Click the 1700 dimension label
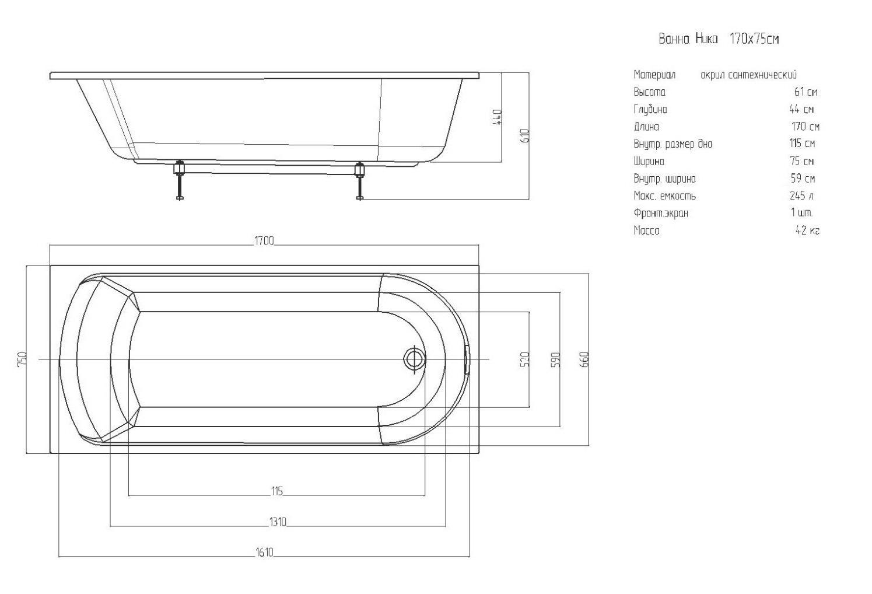coord(264,241)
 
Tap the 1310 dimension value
coord(278,522)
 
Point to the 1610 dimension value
coord(264,552)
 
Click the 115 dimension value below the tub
coord(277,491)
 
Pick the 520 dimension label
coord(524,359)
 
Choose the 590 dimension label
coord(555,359)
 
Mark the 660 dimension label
coord(585,359)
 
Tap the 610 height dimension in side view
coord(525,136)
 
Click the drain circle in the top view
coord(414,358)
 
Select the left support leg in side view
coord(180,180)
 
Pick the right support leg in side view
coord(360,180)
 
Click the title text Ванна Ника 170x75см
coord(719,39)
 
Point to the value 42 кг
coord(807,230)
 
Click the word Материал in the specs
coord(654,75)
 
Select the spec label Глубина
coord(650,109)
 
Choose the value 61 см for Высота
coord(806,92)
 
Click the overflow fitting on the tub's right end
coord(466,358)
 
